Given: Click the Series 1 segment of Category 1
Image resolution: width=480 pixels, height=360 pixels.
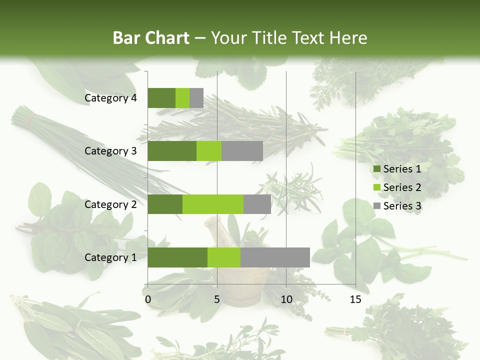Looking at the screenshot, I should click(177, 257).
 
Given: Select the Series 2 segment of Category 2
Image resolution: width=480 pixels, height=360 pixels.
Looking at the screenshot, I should click(213, 204).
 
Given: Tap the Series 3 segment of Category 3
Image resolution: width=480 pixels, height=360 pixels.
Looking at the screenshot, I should click(242, 151).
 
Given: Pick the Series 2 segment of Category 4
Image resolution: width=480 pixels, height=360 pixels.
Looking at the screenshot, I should click(182, 98).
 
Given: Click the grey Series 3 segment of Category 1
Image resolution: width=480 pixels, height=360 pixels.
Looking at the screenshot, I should click(275, 257).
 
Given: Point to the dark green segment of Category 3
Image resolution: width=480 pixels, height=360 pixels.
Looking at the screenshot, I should click(172, 151).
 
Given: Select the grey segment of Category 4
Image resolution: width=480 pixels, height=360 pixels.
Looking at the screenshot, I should click(196, 98).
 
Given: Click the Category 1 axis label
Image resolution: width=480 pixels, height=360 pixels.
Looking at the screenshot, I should click(110, 257).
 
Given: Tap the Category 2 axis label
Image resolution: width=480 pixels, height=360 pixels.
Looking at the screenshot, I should click(110, 204).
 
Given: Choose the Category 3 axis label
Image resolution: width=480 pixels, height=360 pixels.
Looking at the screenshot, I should click(110, 151).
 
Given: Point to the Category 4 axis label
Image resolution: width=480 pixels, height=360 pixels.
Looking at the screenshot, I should click(110, 98).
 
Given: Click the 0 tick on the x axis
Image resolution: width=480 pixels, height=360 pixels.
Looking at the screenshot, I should click(148, 299).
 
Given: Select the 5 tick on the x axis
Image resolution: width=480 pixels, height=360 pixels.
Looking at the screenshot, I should click(217, 299).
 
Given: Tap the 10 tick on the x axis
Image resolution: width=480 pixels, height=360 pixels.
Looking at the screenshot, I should click(286, 299).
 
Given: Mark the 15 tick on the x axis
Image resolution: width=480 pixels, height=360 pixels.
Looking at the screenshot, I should click(355, 299).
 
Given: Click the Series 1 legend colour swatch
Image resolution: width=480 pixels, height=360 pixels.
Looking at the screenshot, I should click(376, 169).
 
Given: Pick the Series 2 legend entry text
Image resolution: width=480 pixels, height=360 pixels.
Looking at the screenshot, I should click(402, 187).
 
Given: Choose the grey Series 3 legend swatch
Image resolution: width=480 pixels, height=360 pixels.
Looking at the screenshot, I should click(376, 206).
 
